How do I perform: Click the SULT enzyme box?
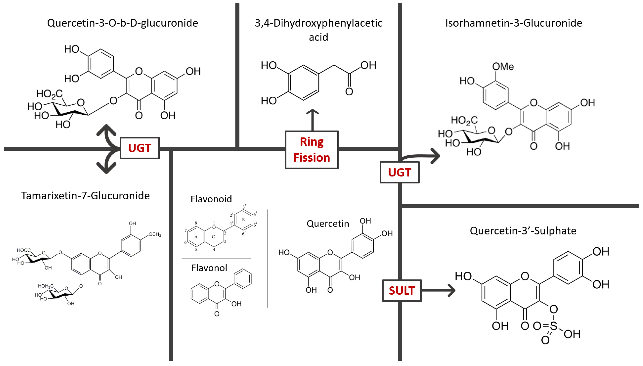pos(401,291)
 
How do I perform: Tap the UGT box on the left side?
pos(140,148)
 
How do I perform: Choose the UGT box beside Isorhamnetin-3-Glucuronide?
pos(399,172)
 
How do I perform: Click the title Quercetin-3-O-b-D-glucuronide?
pos(123,23)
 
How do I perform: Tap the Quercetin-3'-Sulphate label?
pos(523,231)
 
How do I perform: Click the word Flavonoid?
pos(211,199)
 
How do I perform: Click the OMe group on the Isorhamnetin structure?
pos(503,67)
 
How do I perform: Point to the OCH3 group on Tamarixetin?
pos(155,235)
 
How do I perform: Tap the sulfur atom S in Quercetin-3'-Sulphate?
pos(553,326)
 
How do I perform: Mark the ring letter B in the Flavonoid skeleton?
pos(243,220)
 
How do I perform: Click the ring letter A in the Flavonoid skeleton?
pos(196,237)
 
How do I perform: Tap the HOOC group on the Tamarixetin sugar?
pos(24,250)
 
